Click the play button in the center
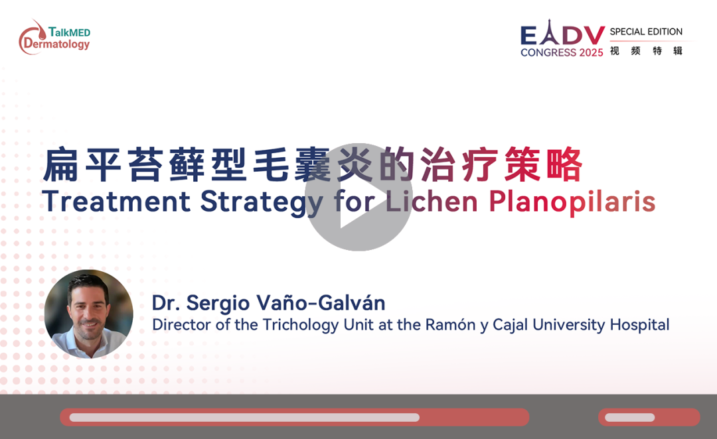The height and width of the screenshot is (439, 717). point(358,197)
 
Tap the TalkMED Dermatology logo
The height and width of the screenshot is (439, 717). point(54,37)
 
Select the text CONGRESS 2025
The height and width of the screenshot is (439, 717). point(562,52)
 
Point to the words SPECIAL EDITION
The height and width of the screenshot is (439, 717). point(646,32)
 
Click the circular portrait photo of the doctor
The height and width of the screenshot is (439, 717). point(89,314)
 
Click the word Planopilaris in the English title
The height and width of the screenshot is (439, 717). point(572,202)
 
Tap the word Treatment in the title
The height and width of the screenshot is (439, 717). point(116,201)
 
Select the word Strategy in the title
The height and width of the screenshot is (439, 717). point(262,202)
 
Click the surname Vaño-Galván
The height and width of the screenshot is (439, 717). point(321,302)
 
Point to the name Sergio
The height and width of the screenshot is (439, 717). point(218,304)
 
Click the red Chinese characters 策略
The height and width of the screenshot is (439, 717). point(544,164)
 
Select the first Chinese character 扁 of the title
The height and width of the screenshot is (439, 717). point(61,164)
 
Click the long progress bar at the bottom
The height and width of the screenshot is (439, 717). point(295,417)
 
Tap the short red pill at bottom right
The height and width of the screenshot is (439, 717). point(649,417)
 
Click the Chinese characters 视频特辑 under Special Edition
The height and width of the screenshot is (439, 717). point(646,50)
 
